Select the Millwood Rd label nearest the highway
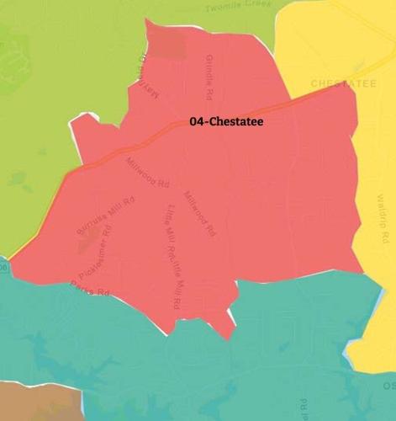point(148,173)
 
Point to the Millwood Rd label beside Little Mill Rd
point(200,212)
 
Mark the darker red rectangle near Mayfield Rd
point(168,45)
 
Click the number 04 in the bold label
point(197,122)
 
